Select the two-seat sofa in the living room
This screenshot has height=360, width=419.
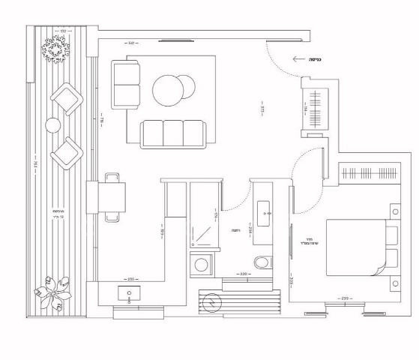pyautogui.click(x=126, y=85)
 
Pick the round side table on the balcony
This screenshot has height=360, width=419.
pyautogui.click(x=52, y=125)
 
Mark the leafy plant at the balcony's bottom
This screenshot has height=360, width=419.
pyautogui.click(x=54, y=293)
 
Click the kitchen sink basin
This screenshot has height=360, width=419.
pyautogui.click(x=129, y=292)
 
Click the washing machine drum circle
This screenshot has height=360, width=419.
pyautogui.click(x=201, y=264)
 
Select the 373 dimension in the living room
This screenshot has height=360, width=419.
pyautogui.click(x=262, y=108)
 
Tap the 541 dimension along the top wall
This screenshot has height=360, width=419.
pyautogui.click(x=131, y=45)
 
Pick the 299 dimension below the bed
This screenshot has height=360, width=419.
pyautogui.click(x=345, y=298)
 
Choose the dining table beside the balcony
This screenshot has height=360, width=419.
pyautogui.click(x=112, y=196)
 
